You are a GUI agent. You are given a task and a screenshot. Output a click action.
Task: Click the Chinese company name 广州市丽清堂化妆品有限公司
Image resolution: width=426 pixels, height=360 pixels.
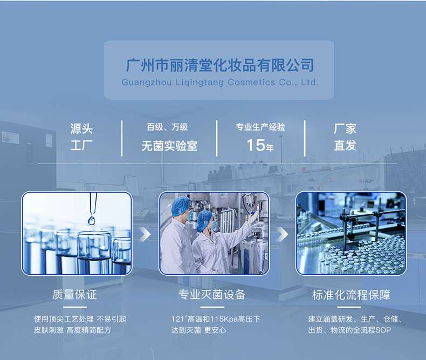pyautogui.click(x=219, y=66)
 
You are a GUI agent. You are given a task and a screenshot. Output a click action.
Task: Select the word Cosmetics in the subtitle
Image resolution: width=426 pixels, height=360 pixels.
pyautogui.click(x=251, y=83)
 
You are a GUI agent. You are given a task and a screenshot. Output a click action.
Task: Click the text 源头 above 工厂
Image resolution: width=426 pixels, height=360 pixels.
pyautogui.click(x=81, y=129)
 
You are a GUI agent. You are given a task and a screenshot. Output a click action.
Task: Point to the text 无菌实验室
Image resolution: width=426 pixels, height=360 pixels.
pyautogui.click(x=169, y=146)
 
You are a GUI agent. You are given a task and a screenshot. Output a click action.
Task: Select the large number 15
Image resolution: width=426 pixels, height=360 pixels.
pyautogui.click(x=256, y=145)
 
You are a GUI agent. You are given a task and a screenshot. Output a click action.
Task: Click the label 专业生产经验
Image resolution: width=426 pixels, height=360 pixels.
pyautogui.click(x=260, y=127)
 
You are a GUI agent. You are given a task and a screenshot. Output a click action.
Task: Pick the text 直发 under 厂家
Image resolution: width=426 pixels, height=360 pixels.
pyautogui.click(x=345, y=146)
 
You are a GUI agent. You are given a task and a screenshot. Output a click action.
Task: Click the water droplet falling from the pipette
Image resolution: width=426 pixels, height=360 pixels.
pyautogui.click(x=92, y=220)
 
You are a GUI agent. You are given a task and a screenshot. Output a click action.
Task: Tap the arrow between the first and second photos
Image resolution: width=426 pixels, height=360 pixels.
pyautogui.click(x=145, y=234)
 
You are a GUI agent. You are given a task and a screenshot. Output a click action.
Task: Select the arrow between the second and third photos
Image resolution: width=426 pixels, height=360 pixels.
pyautogui.click(x=282, y=234)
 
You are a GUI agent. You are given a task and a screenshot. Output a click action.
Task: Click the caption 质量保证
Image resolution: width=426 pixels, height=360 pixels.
pyautogui.click(x=75, y=295)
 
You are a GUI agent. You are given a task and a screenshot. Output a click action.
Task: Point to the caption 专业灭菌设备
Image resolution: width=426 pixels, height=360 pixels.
pyautogui.click(x=212, y=295)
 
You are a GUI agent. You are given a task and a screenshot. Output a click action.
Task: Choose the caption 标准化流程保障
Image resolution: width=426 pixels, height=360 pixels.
pyautogui.click(x=351, y=295)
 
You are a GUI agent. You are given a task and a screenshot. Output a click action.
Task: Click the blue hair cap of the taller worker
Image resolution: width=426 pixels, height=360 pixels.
pyautogui.click(x=181, y=205)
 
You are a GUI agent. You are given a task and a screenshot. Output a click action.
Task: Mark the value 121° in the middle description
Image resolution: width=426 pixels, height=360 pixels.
pyautogui.click(x=179, y=319)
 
